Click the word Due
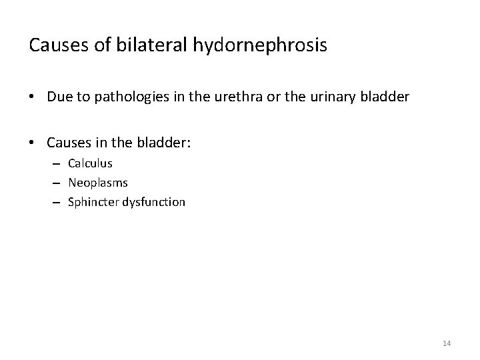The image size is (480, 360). point(59,97)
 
